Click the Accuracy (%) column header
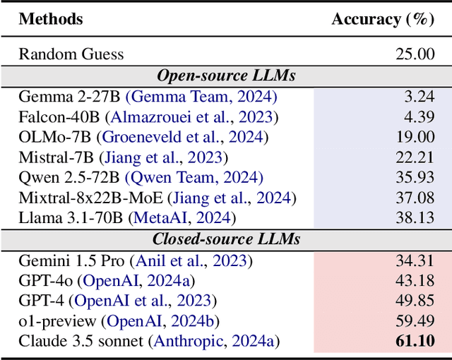(x=382, y=19)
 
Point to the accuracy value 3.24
(x=420, y=96)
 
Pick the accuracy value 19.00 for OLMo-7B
(x=415, y=137)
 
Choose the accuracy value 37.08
(x=415, y=198)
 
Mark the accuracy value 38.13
(x=415, y=219)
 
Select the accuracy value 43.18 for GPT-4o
(x=415, y=281)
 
